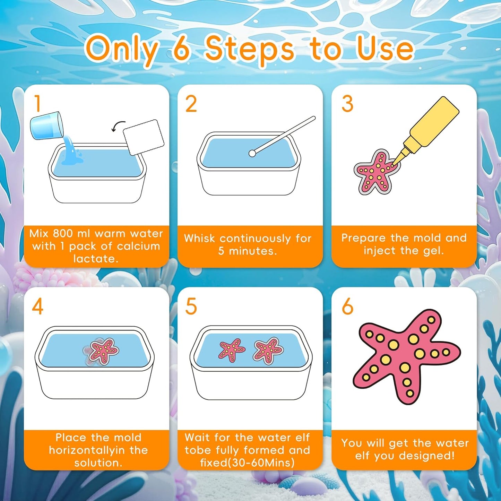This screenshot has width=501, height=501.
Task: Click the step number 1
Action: click(38, 104)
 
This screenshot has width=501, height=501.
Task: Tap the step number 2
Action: click(191, 104)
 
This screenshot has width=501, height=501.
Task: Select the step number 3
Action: click(347, 104)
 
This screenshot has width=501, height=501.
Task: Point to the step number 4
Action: click(37, 306)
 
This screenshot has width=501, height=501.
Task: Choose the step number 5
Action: click(191, 306)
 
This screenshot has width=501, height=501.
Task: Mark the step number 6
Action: click(347, 306)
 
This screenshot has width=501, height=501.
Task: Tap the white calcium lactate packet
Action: click(144, 137)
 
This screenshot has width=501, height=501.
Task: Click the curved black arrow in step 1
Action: click(119, 127)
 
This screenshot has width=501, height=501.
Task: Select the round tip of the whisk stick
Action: click(252, 153)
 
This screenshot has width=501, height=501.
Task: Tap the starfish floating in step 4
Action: click(103, 351)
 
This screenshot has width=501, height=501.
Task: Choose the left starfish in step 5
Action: click(231, 350)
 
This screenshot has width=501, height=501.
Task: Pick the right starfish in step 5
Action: click(268, 350)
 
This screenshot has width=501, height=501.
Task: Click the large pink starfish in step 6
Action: click(406, 355)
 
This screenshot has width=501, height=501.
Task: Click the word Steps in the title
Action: click(250, 50)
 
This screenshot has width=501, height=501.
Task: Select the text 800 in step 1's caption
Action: click(63, 233)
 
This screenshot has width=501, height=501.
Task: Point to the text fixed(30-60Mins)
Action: click(247, 463)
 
